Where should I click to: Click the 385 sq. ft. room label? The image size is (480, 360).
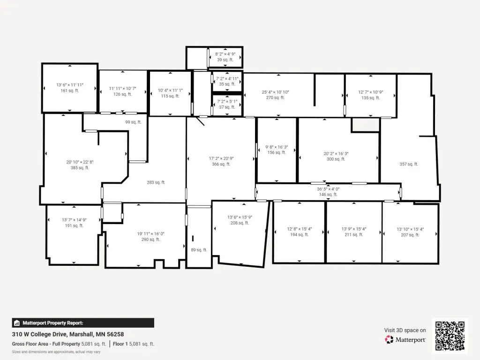click(x=80, y=168)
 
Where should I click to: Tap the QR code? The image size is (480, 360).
click(x=450, y=336)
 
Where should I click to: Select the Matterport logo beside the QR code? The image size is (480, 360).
click(x=405, y=339)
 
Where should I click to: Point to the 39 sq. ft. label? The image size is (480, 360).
click(x=225, y=60)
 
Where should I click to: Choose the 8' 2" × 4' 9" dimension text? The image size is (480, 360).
click(x=225, y=54)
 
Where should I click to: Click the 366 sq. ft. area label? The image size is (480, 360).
click(x=221, y=164)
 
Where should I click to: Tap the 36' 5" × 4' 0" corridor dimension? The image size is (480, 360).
click(x=328, y=189)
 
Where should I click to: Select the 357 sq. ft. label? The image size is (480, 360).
click(x=409, y=164)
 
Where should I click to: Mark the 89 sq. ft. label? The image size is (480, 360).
click(x=199, y=250)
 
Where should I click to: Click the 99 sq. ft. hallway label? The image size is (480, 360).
click(x=133, y=122)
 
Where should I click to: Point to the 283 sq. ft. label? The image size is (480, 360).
click(x=156, y=182)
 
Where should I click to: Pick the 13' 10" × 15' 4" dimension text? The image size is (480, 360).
click(x=410, y=229)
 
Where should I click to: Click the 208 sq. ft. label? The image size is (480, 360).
click(x=240, y=223)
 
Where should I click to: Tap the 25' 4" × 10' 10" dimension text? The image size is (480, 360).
click(x=275, y=92)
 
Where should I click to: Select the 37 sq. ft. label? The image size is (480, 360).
click(x=227, y=107)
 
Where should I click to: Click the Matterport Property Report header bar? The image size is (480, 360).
click(x=83, y=323)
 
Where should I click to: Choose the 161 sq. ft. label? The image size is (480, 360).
click(x=70, y=90)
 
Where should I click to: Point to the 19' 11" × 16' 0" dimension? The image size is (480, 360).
click(x=150, y=234)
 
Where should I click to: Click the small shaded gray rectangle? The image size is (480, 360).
click(x=366, y=125)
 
